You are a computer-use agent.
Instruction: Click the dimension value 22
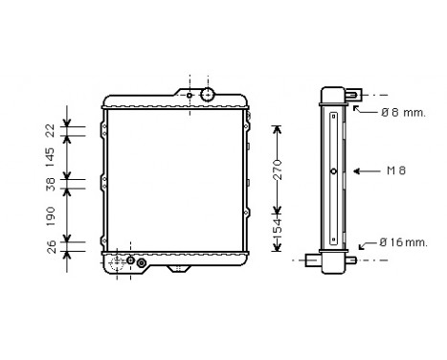click(50, 130)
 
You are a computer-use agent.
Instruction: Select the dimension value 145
click(50, 154)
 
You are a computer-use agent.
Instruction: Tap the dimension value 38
click(50, 184)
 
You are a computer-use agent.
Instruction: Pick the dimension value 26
click(50, 251)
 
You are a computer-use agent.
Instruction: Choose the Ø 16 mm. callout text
click(403, 242)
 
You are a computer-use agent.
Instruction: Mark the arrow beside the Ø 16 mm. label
click(369, 245)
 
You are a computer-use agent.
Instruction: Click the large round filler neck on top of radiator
click(207, 94)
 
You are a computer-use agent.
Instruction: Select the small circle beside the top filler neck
click(191, 95)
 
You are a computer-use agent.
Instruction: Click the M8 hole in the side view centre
click(331, 172)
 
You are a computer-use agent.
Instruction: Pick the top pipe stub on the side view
click(353, 95)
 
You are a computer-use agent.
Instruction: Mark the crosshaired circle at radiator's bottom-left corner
click(123, 261)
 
